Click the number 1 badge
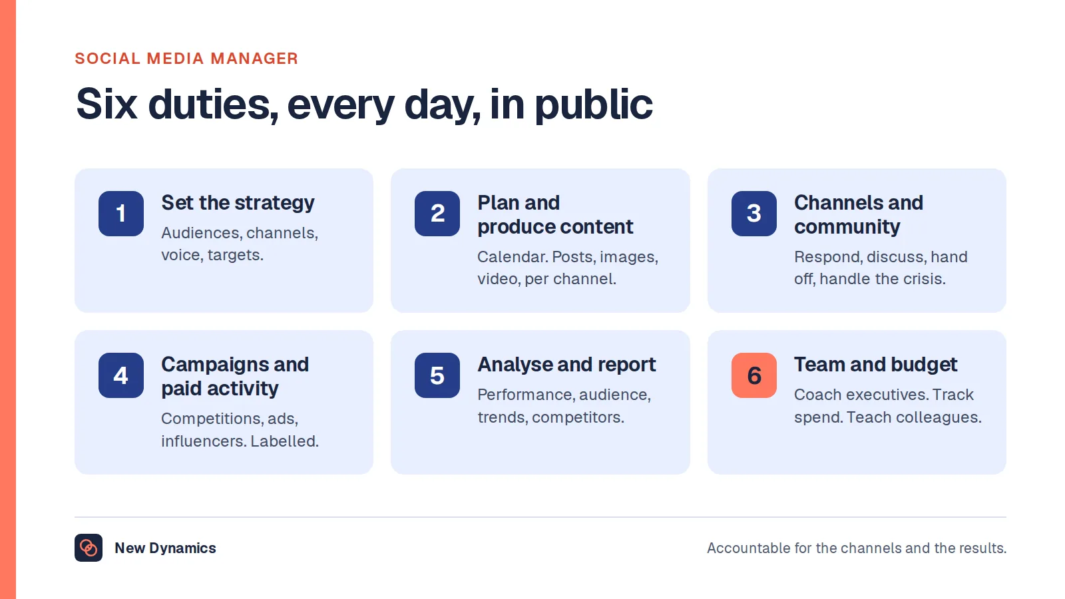click(x=121, y=214)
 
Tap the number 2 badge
click(x=437, y=214)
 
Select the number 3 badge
click(x=754, y=214)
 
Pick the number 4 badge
click(x=121, y=375)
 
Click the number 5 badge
click(x=437, y=375)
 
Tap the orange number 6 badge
click(x=754, y=375)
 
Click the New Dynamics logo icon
click(x=89, y=548)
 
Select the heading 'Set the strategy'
click(x=238, y=203)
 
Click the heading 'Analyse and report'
click(x=566, y=365)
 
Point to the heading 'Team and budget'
click(x=875, y=365)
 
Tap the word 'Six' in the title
click(x=107, y=104)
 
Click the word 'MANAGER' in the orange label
click(x=254, y=59)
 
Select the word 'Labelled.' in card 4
click(x=285, y=441)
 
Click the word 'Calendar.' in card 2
click(x=513, y=257)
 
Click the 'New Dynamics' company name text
click(x=166, y=548)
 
